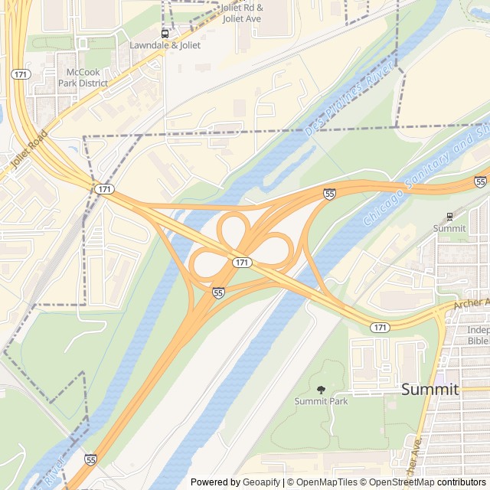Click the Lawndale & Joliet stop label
pyautogui.click(x=165, y=45)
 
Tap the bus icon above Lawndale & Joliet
pyautogui.click(x=165, y=34)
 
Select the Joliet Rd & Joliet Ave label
pyautogui.click(x=241, y=12)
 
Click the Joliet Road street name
pyautogui.click(x=30, y=149)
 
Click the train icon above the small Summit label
pyautogui.click(x=449, y=217)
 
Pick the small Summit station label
pyautogui.click(x=449, y=228)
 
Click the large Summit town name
pyautogui.click(x=430, y=389)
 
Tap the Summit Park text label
pyautogui.click(x=321, y=401)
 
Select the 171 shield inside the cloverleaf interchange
pyautogui.click(x=242, y=263)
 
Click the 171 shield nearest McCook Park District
pyautogui.click(x=21, y=73)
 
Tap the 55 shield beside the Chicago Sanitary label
pyautogui.click(x=480, y=181)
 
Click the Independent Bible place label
pyautogui.click(x=478, y=335)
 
